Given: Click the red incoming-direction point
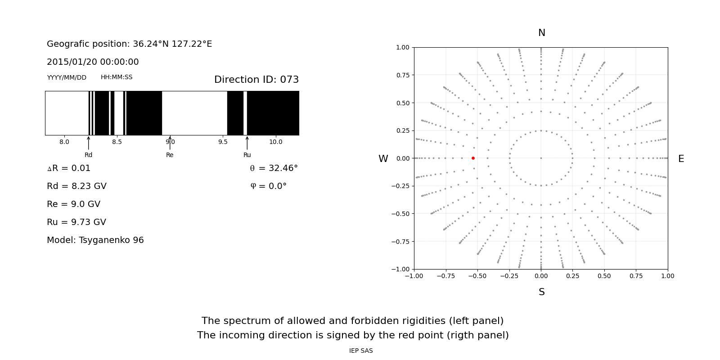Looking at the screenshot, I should pyautogui.click(x=473, y=158).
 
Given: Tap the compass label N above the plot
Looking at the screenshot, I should pyautogui.click(x=542, y=33).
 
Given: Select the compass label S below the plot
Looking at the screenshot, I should pyautogui.click(x=542, y=292).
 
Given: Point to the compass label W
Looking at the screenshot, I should pyautogui.click(x=383, y=159).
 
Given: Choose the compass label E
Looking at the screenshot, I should pyautogui.click(x=681, y=159).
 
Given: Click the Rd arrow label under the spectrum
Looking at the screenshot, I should pyautogui.click(x=88, y=155).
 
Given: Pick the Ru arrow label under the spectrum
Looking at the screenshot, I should pyautogui.click(x=247, y=155).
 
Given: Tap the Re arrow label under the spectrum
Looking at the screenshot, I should pyautogui.click(x=170, y=155).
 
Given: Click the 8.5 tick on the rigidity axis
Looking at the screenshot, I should pyautogui.click(x=117, y=142).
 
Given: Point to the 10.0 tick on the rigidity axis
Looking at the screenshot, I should pyautogui.click(x=276, y=142).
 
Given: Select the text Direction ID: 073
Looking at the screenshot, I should pyautogui.click(x=256, y=80).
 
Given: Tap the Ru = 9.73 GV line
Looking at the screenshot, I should pyautogui.click(x=76, y=222).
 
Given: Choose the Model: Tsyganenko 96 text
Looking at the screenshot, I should pyautogui.click(x=95, y=240).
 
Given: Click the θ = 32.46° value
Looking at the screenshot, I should pyautogui.click(x=274, y=168).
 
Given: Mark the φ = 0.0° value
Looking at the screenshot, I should pyautogui.click(x=268, y=186).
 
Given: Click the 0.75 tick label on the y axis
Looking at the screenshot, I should pyautogui.click(x=403, y=75).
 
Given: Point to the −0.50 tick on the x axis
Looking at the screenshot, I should pyautogui.click(x=477, y=276).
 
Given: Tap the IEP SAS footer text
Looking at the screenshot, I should pyautogui.click(x=361, y=351).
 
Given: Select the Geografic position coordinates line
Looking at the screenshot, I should pyautogui.click(x=129, y=44).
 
